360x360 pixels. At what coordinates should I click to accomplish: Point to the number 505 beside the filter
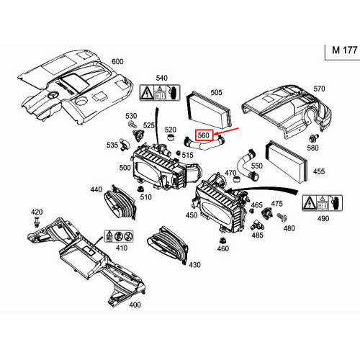click(216, 92)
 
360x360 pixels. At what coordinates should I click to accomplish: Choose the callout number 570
click(320, 89)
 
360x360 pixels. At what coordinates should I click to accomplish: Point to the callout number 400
click(134, 305)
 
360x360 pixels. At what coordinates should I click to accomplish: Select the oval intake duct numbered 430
click(168, 245)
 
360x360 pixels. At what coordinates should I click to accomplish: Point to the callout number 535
click(113, 145)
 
